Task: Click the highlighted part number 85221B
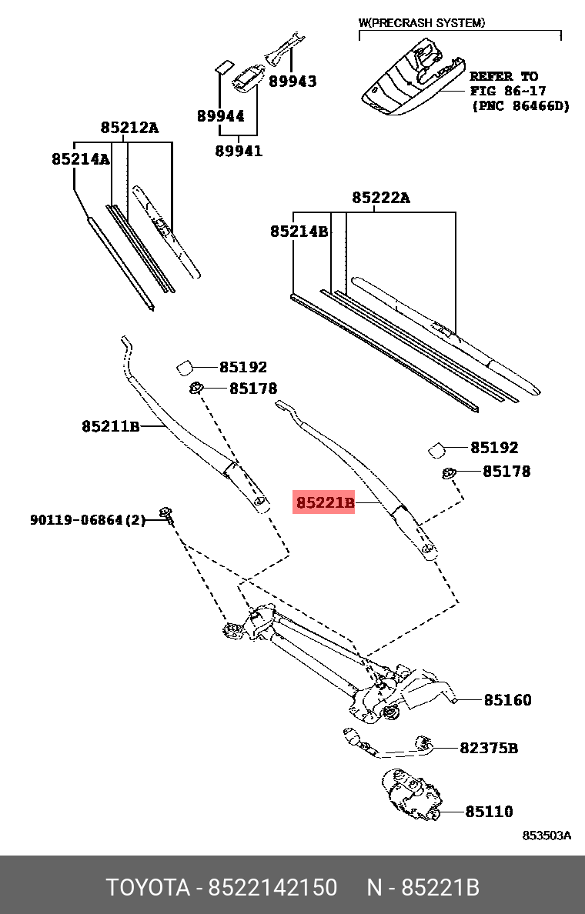click(x=325, y=502)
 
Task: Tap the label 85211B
click(x=110, y=426)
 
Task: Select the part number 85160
click(x=507, y=699)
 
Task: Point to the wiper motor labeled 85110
click(x=411, y=796)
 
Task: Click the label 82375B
click(x=488, y=747)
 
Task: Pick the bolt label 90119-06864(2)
click(x=88, y=519)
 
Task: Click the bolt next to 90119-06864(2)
click(x=167, y=515)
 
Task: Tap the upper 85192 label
click(x=243, y=367)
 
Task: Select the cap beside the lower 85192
click(x=436, y=449)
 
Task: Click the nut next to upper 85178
click(x=196, y=387)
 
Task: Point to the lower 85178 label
click(x=506, y=471)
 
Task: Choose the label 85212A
click(x=129, y=127)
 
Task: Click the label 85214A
click(x=81, y=158)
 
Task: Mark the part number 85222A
click(x=380, y=198)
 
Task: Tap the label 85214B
click(x=299, y=232)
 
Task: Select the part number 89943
click(x=292, y=81)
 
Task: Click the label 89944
click(x=220, y=115)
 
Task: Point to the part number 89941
click(x=239, y=150)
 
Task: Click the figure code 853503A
click(x=546, y=836)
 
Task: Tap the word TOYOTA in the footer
click(x=148, y=887)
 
